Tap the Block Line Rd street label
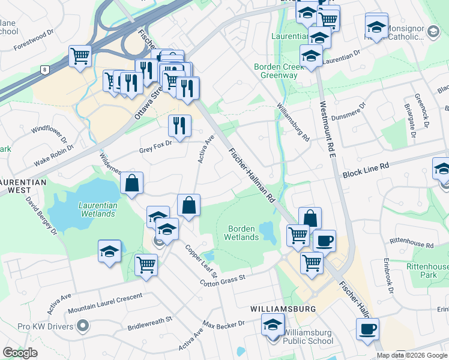(x=366, y=174)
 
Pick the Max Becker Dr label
(x=224, y=324)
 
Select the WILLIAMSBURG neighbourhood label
(x=283, y=309)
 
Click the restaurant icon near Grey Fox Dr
(x=179, y=125)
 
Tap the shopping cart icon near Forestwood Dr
(x=80, y=56)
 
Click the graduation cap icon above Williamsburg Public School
(x=273, y=325)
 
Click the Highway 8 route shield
(x=44, y=70)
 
